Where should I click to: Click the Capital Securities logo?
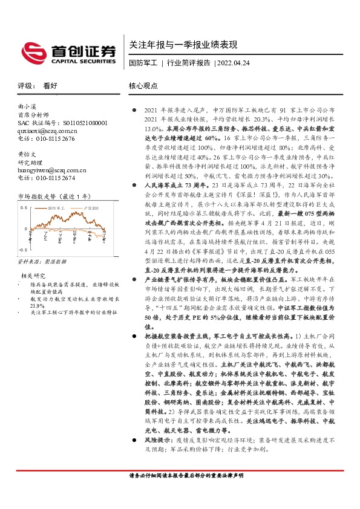(x=68, y=51)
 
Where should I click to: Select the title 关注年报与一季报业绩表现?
(x=183, y=45)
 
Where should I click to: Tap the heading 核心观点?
(x=143, y=86)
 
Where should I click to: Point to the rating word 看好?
(x=50, y=86)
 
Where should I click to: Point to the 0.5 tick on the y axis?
(x=24, y=207)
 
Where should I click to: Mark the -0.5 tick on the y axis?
(x=23, y=249)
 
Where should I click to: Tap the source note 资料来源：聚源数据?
(x=42, y=262)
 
